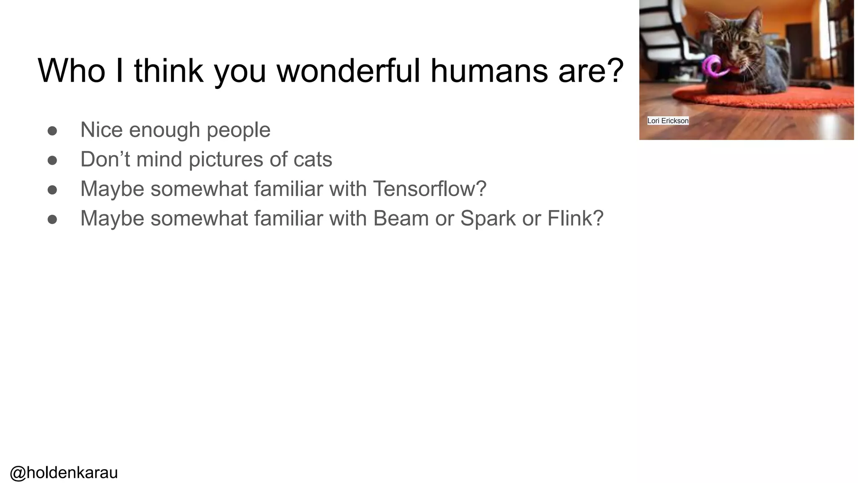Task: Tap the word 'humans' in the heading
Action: [x=489, y=70]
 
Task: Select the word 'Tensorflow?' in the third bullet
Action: [x=429, y=189]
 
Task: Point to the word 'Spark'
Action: [x=488, y=218]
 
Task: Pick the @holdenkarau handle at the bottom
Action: [x=64, y=473]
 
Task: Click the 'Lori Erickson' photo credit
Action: [x=668, y=121]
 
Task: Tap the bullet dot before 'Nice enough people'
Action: [x=52, y=131]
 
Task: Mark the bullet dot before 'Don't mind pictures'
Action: [x=52, y=160]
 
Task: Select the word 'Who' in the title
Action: [x=72, y=70]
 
